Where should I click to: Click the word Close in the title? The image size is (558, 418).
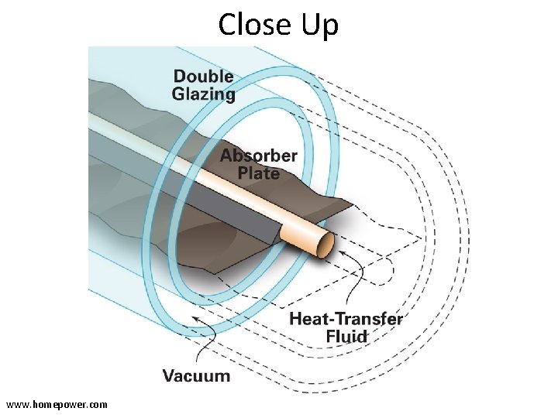[255, 25]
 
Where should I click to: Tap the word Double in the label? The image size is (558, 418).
[203, 76]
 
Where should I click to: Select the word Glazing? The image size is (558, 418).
[203, 94]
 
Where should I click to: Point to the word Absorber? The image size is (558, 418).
[258, 156]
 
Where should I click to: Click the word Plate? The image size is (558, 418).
[258, 173]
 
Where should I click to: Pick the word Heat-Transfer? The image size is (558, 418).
[346, 318]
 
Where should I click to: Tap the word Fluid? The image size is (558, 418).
[346, 337]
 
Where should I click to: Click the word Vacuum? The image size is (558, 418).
[196, 376]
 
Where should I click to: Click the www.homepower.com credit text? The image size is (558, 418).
[57, 404]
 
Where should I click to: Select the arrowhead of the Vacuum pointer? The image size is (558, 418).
[195, 317]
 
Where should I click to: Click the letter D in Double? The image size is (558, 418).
[179, 76]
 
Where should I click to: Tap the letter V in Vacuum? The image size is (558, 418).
[168, 376]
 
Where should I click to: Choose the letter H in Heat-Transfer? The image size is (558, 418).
[294, 318]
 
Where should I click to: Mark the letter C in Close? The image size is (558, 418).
[227, 25]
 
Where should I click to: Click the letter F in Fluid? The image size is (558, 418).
[330, 337]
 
